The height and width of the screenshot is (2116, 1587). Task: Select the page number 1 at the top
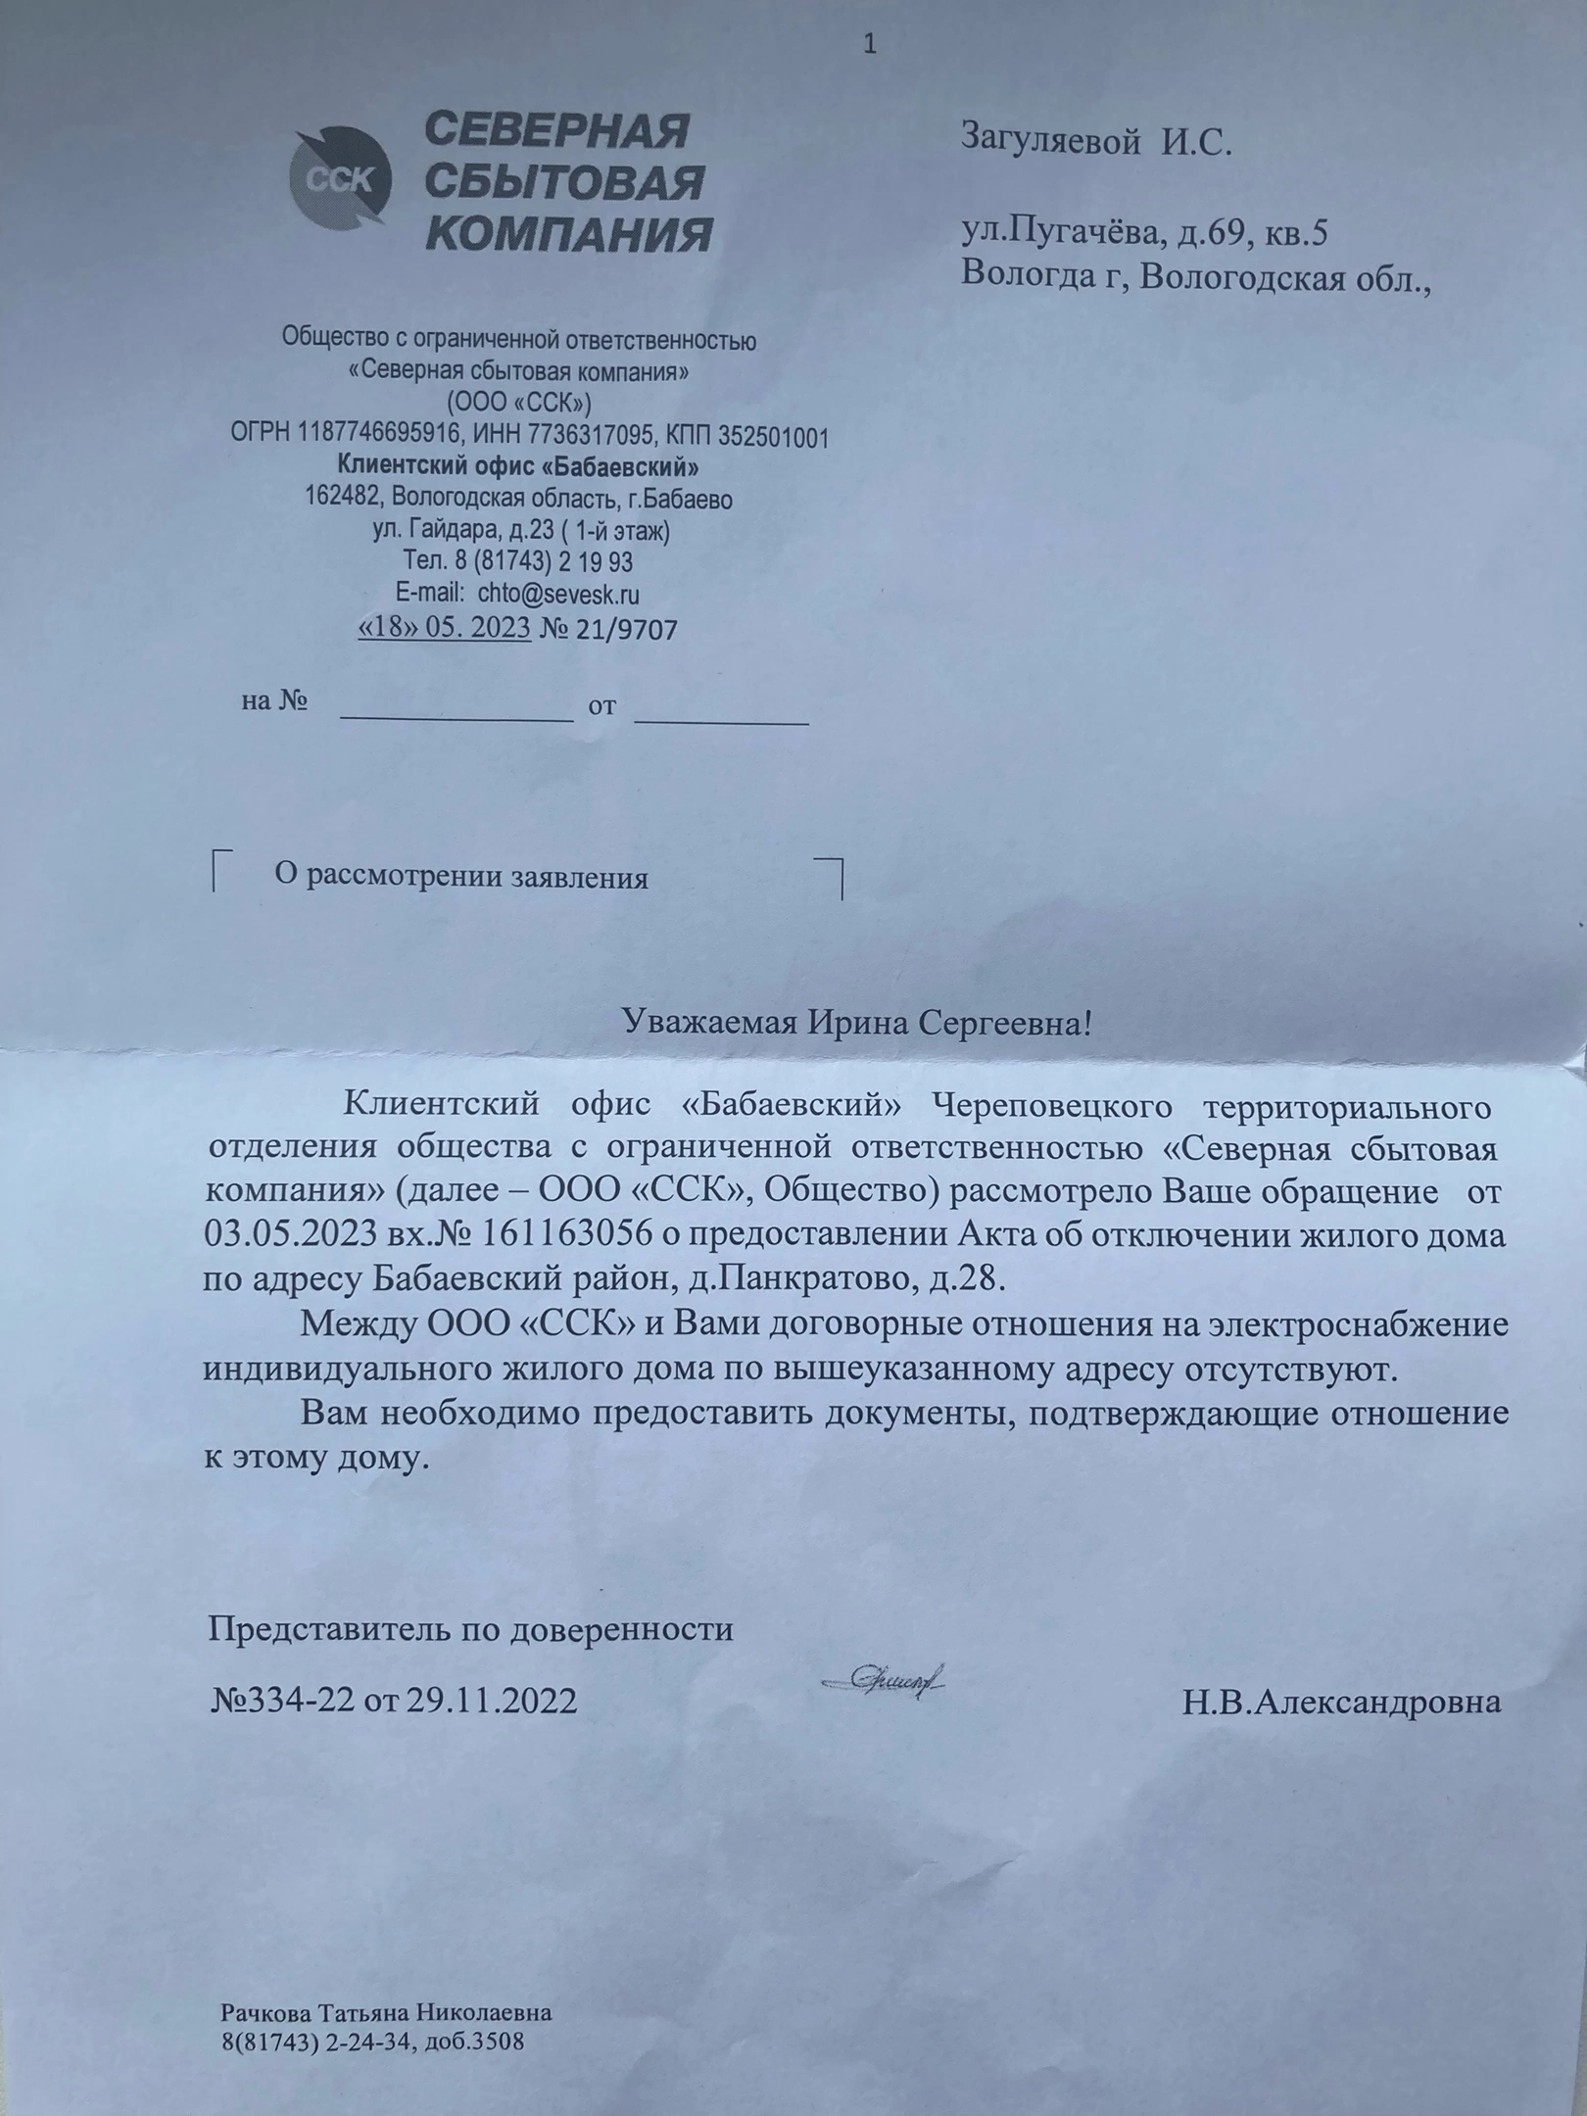869,45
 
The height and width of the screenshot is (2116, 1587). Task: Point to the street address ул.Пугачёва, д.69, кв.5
1144,233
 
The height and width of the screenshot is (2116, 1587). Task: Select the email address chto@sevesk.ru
558,594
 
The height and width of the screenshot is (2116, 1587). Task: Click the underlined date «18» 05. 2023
446,627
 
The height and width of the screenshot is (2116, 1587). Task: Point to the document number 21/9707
628,629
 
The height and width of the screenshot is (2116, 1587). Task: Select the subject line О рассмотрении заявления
461,877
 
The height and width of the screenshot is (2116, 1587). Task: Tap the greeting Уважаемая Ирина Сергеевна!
857,1025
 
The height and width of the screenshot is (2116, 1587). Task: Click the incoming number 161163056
566,1234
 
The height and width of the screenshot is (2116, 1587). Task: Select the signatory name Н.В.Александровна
1341,1702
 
